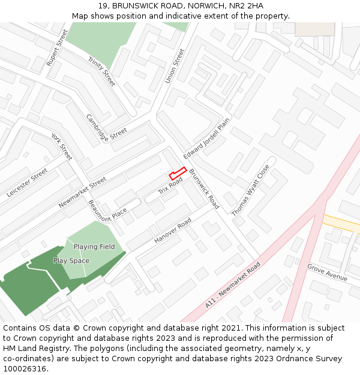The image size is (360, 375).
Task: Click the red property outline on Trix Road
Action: point(177,173)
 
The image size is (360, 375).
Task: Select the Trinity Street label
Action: point(101,71)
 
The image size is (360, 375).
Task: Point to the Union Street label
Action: point(175,66)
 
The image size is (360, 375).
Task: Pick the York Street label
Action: point(61,146)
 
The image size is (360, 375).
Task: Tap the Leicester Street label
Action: point(27,183)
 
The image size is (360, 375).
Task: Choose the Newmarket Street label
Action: point(82,192)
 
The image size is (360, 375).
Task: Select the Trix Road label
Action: point(170,186)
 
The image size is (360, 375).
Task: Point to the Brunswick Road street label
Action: point(204,189)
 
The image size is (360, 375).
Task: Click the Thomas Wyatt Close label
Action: point(251,190)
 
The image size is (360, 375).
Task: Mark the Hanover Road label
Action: point(173,231)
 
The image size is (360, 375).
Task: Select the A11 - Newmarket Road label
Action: point(233,285)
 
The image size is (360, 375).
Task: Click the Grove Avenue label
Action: point(327,272)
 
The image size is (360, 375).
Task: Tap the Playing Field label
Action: point(94,247)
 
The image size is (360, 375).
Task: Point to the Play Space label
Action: point(71,261)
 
